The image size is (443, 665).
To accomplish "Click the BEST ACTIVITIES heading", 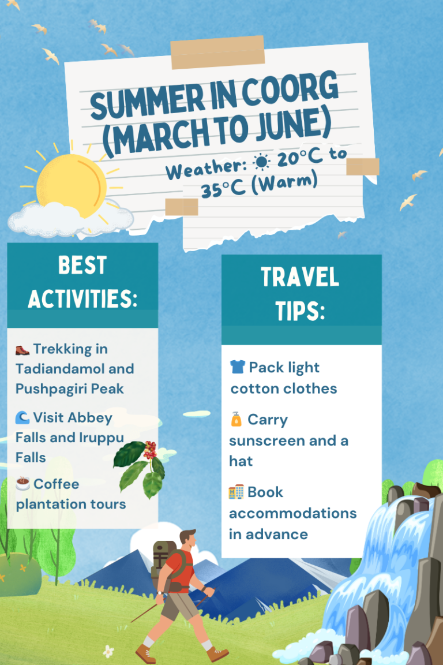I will [x=82, y=282].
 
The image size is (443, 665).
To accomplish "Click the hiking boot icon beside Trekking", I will [x=22, y=349].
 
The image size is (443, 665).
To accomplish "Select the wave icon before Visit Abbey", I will [x=22, y=417].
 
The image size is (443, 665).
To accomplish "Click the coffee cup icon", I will [x=23, y=484].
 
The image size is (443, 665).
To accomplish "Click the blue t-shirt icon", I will [x=237, y=367].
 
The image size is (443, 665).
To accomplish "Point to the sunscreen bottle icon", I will [x=236, y=420].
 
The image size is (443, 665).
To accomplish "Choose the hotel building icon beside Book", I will [x=236, y=492].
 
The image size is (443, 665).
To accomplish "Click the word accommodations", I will [x=293, y=513].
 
